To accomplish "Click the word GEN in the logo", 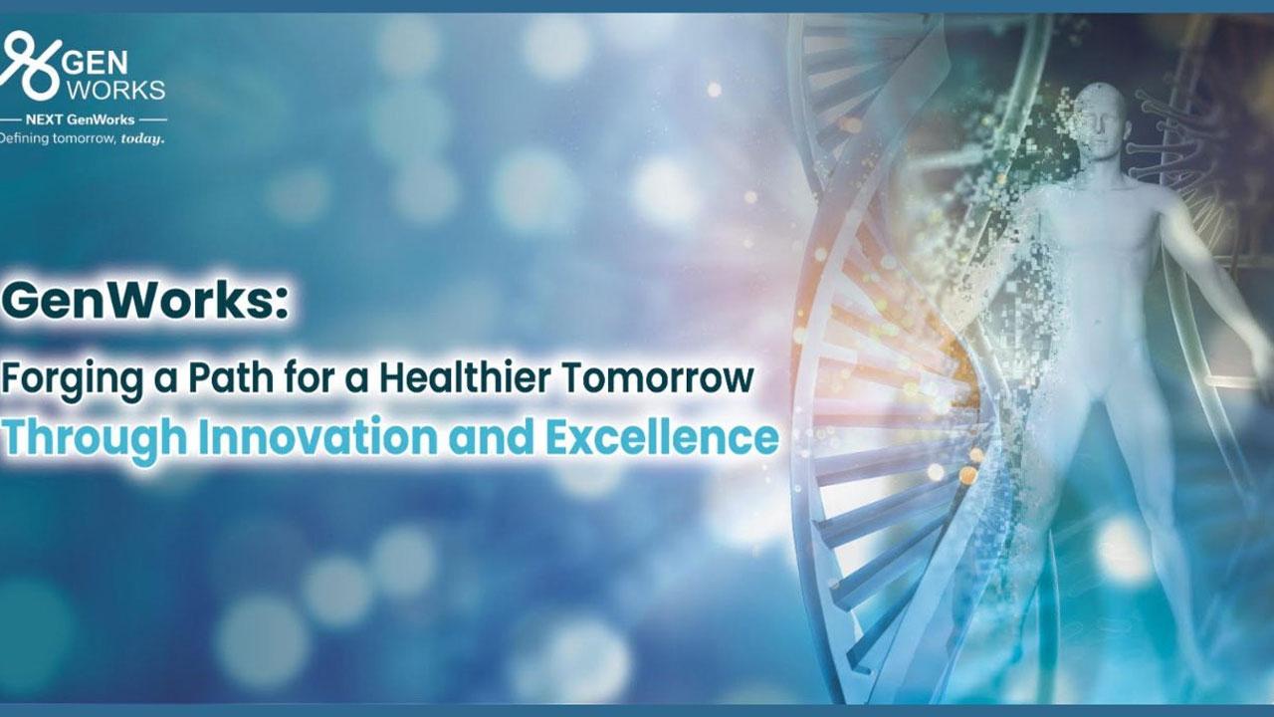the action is pyautogui.click(x=96, y=64).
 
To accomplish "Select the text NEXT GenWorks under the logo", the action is pyautogui.click(x=81, y=120).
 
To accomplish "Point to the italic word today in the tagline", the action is pyautogui.click(x=142, y=138).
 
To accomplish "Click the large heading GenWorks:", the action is pyautogui.click(x=145, y=301).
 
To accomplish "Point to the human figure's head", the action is pyautogui.click(x=1102, y=120).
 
